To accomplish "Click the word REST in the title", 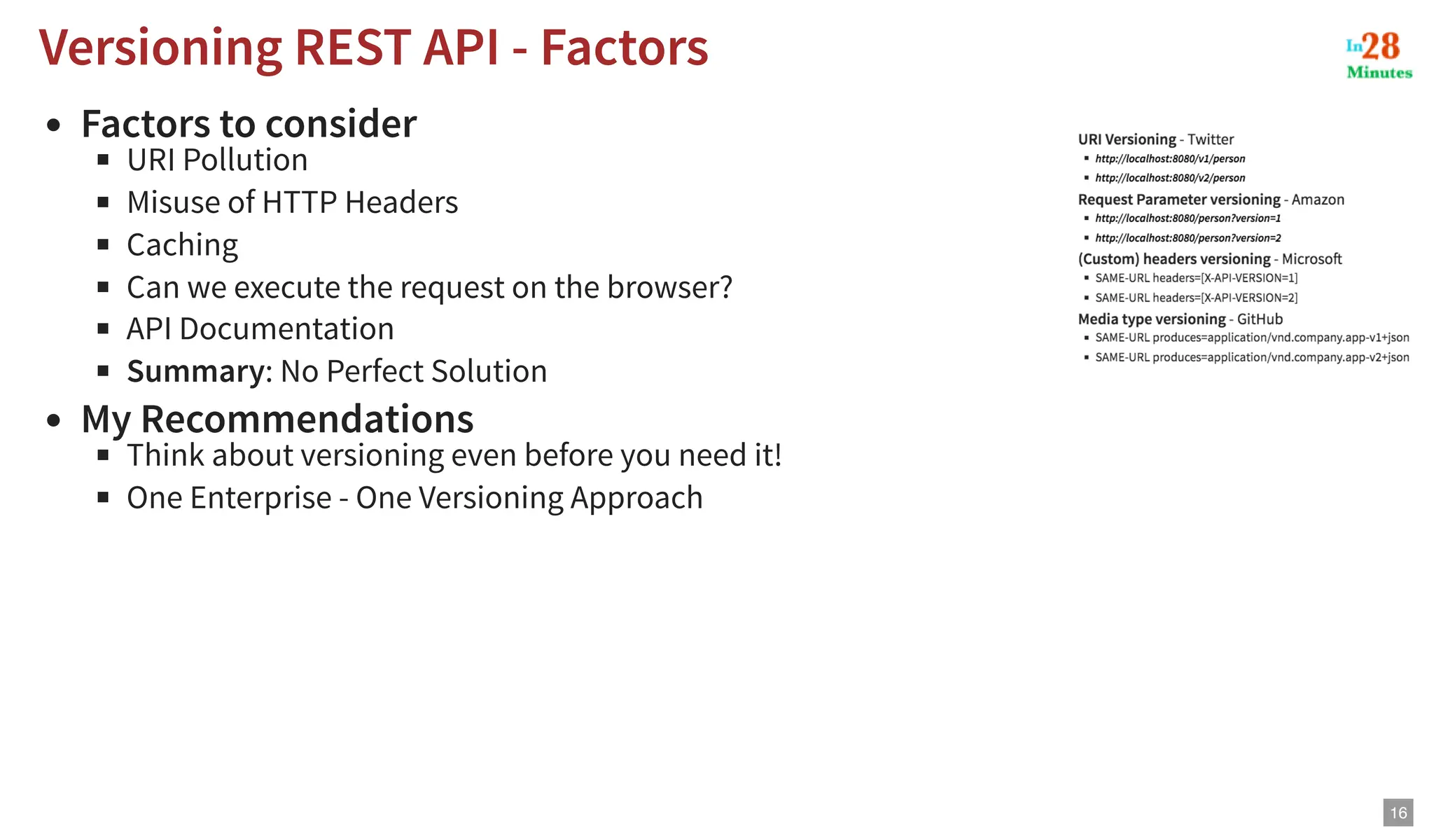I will pyautogui.click(x=352, y=48).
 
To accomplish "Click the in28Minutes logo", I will pyautogui.click(x=1379, y=55).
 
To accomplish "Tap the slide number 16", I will pyautogui.click(x=1398, y=812).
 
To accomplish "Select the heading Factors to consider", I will pyautogui.click(x=249, y=124).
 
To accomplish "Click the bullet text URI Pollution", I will pyautogui.click(x=217, y=160).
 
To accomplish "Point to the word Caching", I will pyautogui.click(x=182, y=245).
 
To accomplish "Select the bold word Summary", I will pyautogui.click(x=195, y=371).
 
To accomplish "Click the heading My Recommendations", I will pyautogui.click(x=277, y=420).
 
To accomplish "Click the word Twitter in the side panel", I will pyautogui.click(x=1211, y=139).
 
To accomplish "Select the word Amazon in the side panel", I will pyautogui.click(x=1317, y=200).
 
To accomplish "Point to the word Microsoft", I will pyautogui.click(x=1311, y=259).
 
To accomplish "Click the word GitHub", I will pyautogui.click(x=1260, y=319).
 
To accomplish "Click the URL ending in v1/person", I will pyautogui.click(x=1170, y=159).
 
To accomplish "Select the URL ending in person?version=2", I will pyautogui.click(x=1188, y=238).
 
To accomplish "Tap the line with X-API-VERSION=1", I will pyautogui.click(x=1196, y=278).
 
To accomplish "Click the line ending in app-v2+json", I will pyautogui.click(x=1252, y=357).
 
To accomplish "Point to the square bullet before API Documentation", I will pyautogui.click(x=104, y=328).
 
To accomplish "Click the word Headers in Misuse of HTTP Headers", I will pyautogui.click(x=401, y=203).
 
